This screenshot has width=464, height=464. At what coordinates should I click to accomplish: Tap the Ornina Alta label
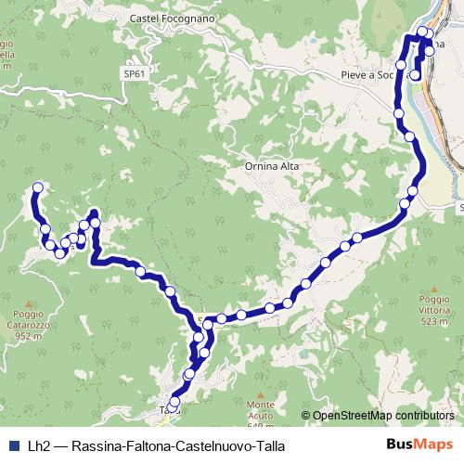[x=273, y=166]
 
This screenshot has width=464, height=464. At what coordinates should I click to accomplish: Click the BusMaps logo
[x=419, y=445]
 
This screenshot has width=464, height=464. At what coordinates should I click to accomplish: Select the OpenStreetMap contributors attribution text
[x=383, y=416]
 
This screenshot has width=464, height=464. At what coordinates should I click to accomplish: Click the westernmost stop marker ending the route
[x=38, y=187]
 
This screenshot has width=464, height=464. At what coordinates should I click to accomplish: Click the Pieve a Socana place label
[x=371, y=75]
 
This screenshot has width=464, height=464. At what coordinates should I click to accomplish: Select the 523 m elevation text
[x=440, y=322]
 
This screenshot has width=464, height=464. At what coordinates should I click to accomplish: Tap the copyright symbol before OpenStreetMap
[x=306, y=416]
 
